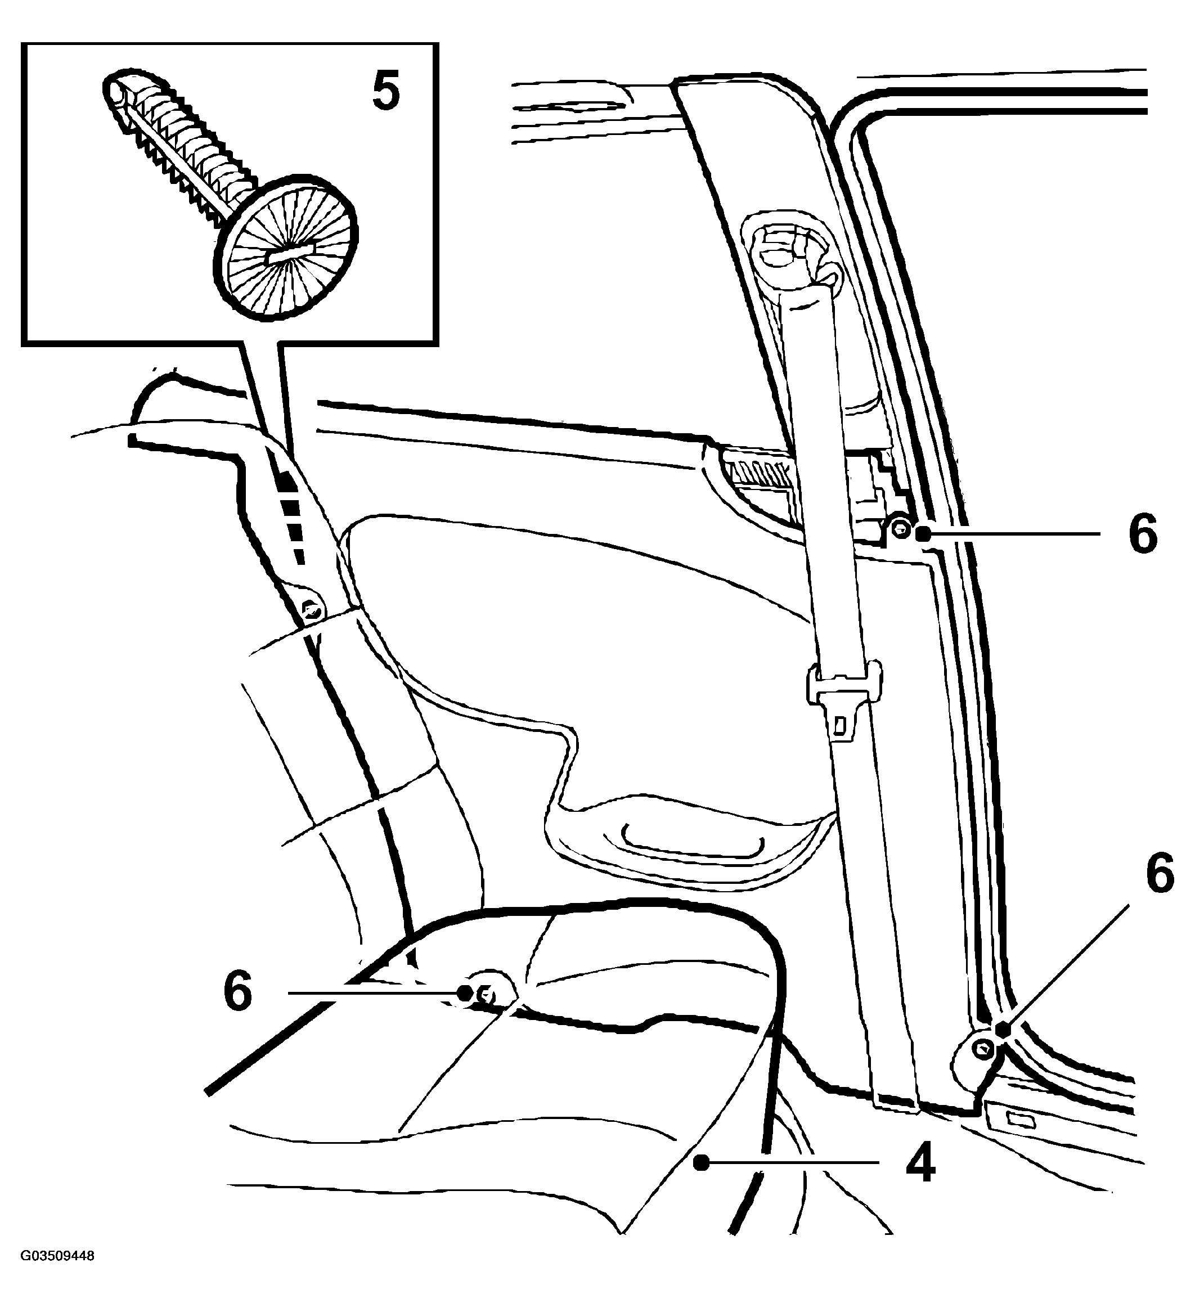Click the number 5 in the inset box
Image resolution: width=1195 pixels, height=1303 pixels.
(386, 92)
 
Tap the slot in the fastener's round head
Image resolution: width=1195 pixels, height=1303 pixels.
(286, 251)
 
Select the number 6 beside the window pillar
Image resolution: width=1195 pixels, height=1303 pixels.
(1143, 534)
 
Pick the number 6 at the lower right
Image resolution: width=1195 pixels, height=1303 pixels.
(1160, 874)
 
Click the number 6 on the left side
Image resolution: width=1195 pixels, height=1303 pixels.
(238, 991)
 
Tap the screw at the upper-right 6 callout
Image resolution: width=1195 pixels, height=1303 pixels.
(900, 532)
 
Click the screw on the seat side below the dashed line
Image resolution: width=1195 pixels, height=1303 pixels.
(312, 609)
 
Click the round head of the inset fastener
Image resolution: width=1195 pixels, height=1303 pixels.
(286, 247)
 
